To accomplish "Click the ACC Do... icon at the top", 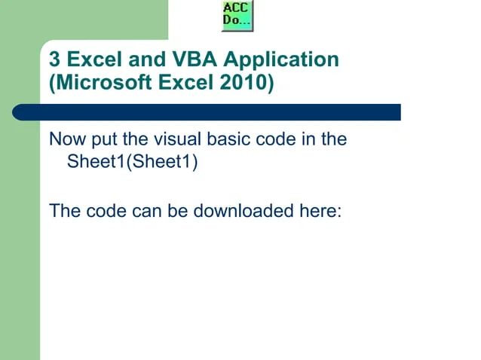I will coord(237,16).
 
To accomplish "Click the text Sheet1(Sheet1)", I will coord(133,162).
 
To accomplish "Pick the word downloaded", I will coord(240,209).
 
